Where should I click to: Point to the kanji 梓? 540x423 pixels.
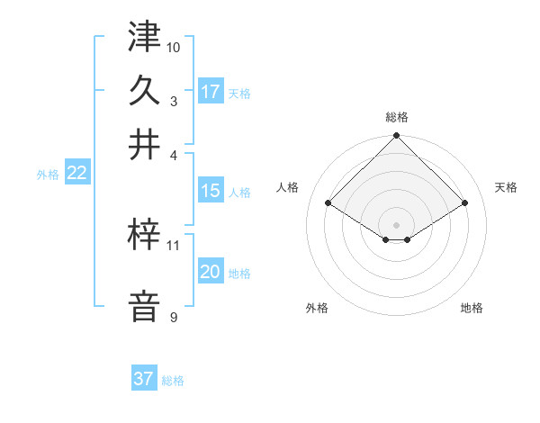[144, 236]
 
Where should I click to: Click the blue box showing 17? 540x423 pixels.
[211, 92]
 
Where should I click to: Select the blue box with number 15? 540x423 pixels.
[211, 191]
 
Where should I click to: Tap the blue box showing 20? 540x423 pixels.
[211, 272]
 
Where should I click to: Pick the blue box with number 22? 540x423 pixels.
[76, 174]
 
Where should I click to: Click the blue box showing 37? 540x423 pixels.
[144, 379]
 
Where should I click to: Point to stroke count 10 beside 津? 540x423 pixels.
[174, 46]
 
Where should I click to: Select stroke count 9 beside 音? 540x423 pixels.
[174, 317]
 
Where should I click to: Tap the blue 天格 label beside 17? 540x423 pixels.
[239, 93]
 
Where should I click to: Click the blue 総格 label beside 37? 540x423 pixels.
[173, 381]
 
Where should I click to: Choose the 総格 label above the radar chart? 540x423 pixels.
[396, 117]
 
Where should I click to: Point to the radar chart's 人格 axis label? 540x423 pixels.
[288, 187]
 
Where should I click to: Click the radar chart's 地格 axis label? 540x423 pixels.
[472, 308]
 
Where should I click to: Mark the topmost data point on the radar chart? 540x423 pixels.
[396, 137]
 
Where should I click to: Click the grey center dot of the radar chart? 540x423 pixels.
[396, 224]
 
